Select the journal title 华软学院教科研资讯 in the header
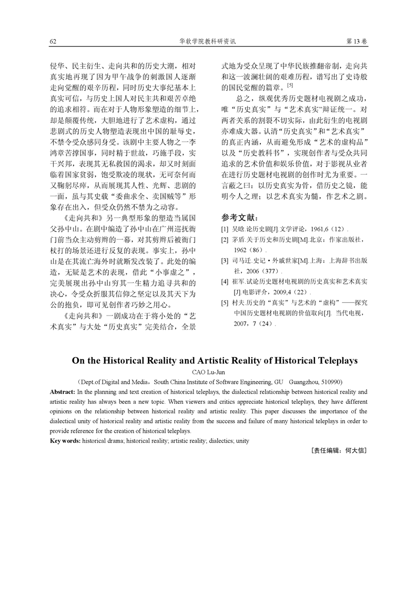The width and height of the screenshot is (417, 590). point(208,41)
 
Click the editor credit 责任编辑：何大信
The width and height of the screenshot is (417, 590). point(339,451)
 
